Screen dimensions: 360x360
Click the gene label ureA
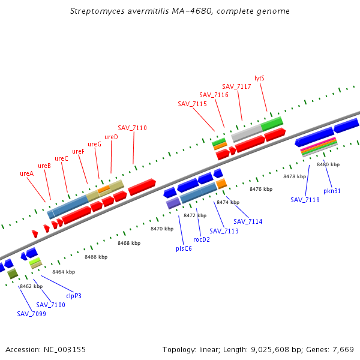pos(26,173)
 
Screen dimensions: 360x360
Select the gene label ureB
pos(44,166)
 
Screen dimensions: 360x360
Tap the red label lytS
pos(259,78)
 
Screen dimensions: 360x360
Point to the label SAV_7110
pos(132,128)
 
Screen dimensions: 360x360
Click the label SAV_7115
pos(192,104)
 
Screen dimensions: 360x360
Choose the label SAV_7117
pos(236,86)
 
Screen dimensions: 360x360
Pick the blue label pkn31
pos(332,191)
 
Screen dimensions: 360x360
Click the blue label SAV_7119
pos(305,200)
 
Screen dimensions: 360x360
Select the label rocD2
pos(202,239)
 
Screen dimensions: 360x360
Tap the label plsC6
pos(184,248)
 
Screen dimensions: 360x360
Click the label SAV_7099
pos(31,314)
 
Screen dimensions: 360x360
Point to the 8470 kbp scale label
pos(161,229)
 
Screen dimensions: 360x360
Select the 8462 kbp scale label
pos(31,286)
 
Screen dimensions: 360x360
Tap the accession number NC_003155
pos(64,349)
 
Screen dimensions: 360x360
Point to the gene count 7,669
pos(343,349)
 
